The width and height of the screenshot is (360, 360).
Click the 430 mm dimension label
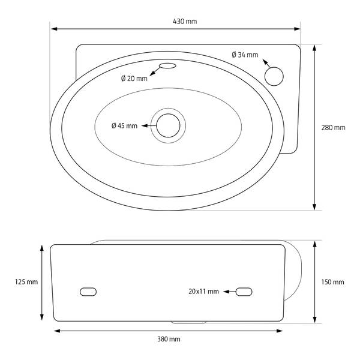tap(185, 22)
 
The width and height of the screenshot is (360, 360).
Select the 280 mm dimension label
tap(333, 128)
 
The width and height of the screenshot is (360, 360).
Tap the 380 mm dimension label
tap(169, 339)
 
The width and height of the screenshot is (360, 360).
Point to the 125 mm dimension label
tap(26, 282)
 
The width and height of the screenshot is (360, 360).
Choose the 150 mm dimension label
tap(332, 282)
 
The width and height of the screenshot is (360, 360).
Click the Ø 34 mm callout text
tap(245, 55)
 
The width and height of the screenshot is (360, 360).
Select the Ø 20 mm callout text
tap(134, 79)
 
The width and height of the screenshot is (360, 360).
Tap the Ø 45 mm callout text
tap(124, 126)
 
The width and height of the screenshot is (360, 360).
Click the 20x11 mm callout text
tap(203, 292)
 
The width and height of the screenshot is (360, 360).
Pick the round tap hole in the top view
tap(274, 76)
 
